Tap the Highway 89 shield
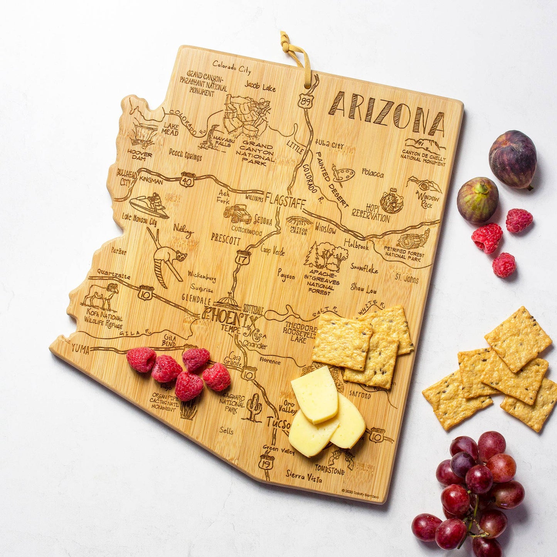click(305, 101)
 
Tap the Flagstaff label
click(285, 202)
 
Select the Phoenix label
click(231, 317)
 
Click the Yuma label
click(80, 349)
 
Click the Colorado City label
click(232, 67)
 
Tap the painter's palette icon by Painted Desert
click(343, 174)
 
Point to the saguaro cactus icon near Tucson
click(254, 407)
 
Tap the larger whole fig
click(512, 159)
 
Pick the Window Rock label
click(427, 201)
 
